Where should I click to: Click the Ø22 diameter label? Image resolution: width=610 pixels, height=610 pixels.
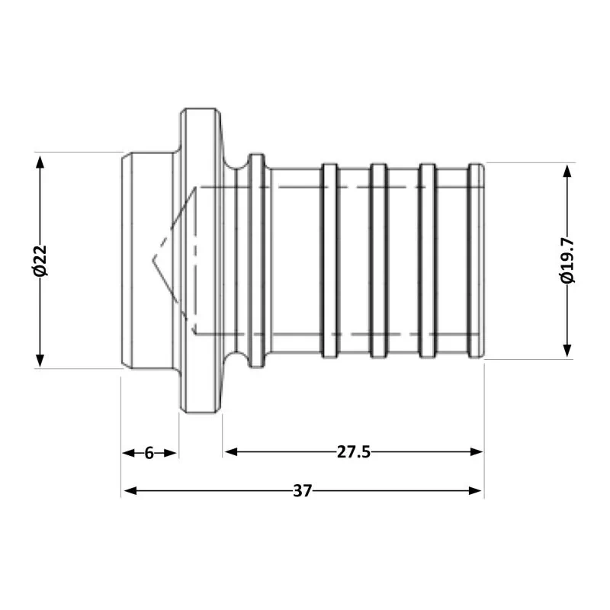click(40, 261)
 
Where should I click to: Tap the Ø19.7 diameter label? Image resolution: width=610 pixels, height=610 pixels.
click(567, 261)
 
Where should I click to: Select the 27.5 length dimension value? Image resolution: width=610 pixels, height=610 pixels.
click(353, 451)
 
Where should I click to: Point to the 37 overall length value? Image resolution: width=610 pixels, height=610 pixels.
click(302, 491)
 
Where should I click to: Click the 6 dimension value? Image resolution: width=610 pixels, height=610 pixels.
click(149, 453)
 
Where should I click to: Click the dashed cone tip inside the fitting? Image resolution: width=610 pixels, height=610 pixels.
click(156, 260)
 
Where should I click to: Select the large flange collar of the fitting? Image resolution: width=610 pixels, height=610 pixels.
click(200, 261)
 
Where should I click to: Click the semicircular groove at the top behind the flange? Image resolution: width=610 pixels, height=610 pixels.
click(237, 161)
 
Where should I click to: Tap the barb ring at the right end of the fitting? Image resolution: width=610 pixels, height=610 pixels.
click(476, 261)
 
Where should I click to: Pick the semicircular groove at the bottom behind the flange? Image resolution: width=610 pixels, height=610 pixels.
click(237, 360)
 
